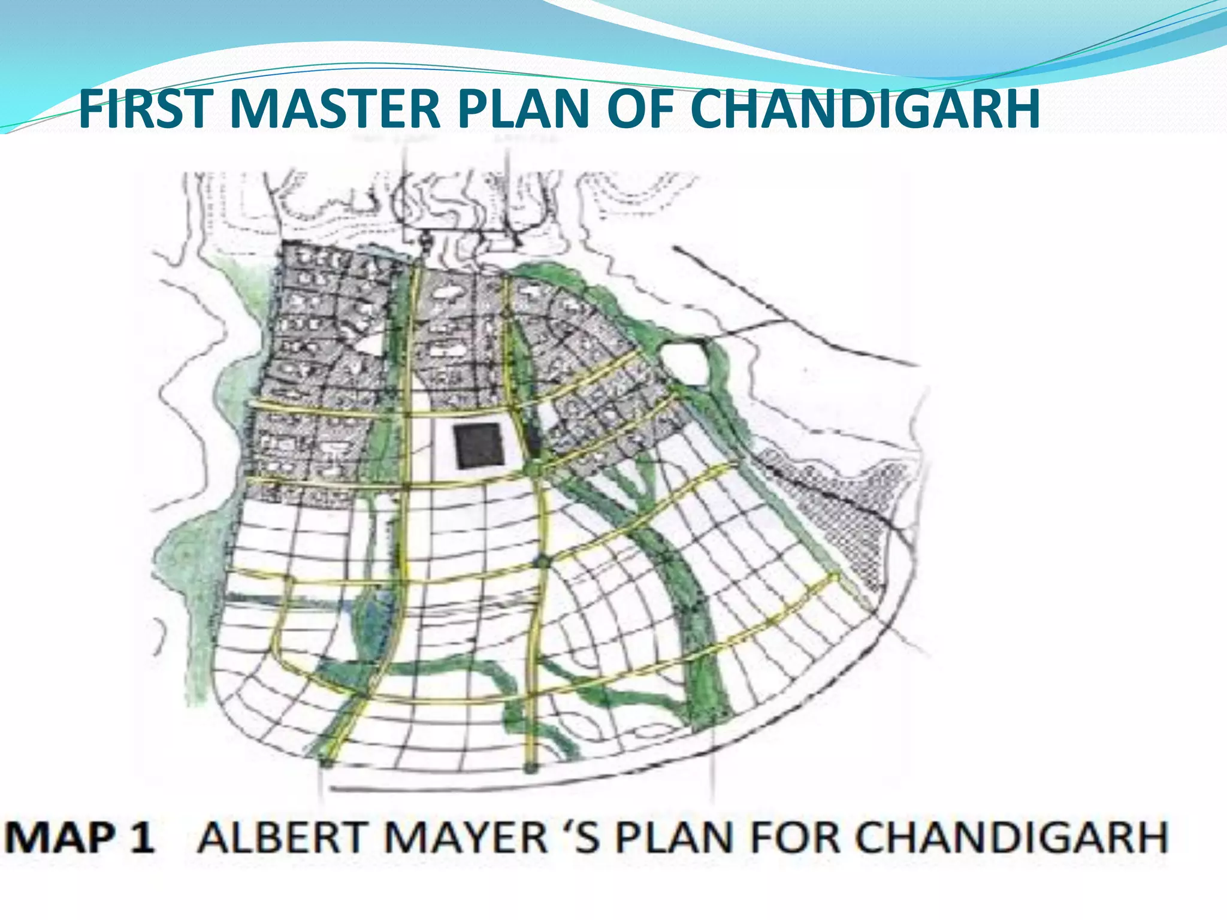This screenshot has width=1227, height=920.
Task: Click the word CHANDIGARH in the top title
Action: tap(865, 109)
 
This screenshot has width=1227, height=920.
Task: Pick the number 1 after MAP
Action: tap(143, 837)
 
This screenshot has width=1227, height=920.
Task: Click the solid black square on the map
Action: tap(478, 446)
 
